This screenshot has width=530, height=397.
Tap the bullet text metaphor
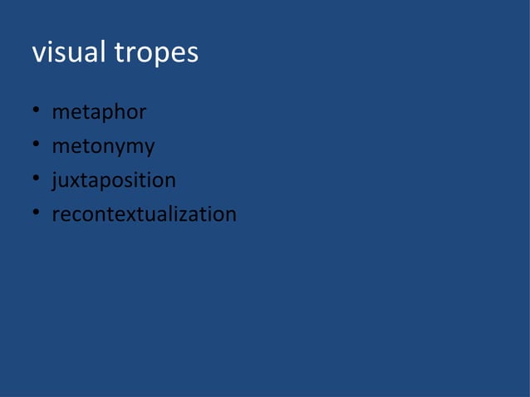coord(99,112)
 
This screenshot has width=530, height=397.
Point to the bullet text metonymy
coord(103,147)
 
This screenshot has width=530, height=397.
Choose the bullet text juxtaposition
coord(114,181)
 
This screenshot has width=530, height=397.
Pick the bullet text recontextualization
coord(144,214)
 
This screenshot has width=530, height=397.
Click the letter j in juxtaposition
coord(55,181)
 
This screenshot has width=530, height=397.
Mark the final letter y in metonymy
coord(149,149)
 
